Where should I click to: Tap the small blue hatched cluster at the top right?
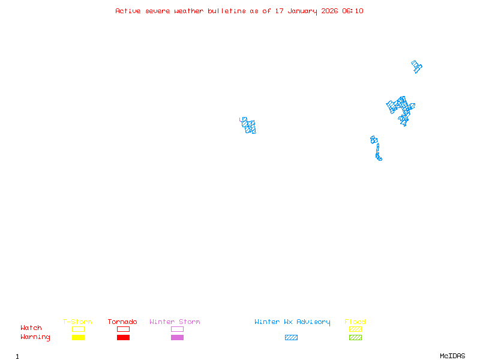coord(416,66)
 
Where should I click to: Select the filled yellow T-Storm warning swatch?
coord(78,338)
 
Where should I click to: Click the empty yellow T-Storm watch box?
coord(78,329)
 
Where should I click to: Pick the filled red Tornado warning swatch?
coord(123,338)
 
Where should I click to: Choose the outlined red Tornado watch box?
coord(123,329)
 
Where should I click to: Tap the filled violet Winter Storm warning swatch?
coord(177,338)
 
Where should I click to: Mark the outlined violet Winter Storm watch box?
coord(177,329)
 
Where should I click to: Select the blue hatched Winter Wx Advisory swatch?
coord(291,338)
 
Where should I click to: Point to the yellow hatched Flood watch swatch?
coord(355,329)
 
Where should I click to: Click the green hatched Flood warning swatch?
coord(355,338)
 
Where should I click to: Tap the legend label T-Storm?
coord(77,322)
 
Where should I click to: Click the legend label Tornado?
coord(122,322)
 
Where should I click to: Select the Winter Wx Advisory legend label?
coord(292,322)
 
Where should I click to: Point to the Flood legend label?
coord(355,322)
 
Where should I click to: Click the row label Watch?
coord(31,328)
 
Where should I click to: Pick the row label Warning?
coord(35,337)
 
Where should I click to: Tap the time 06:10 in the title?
coord(353,11)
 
